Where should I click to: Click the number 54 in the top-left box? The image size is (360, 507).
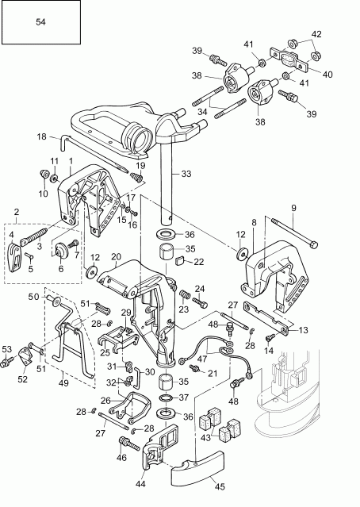tap(40, 24)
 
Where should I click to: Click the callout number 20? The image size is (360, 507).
tap(115, 257)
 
